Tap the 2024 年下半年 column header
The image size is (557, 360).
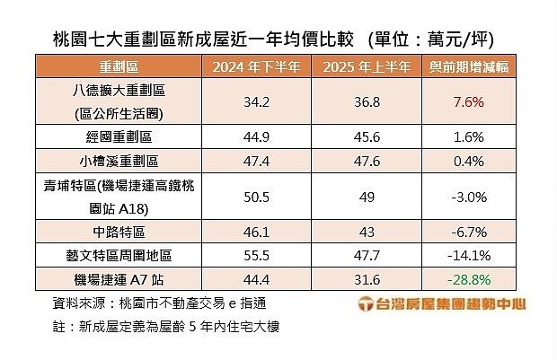255,67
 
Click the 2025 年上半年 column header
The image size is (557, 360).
367,67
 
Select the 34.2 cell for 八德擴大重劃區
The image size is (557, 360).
255,102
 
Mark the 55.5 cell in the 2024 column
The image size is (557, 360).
255,255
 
